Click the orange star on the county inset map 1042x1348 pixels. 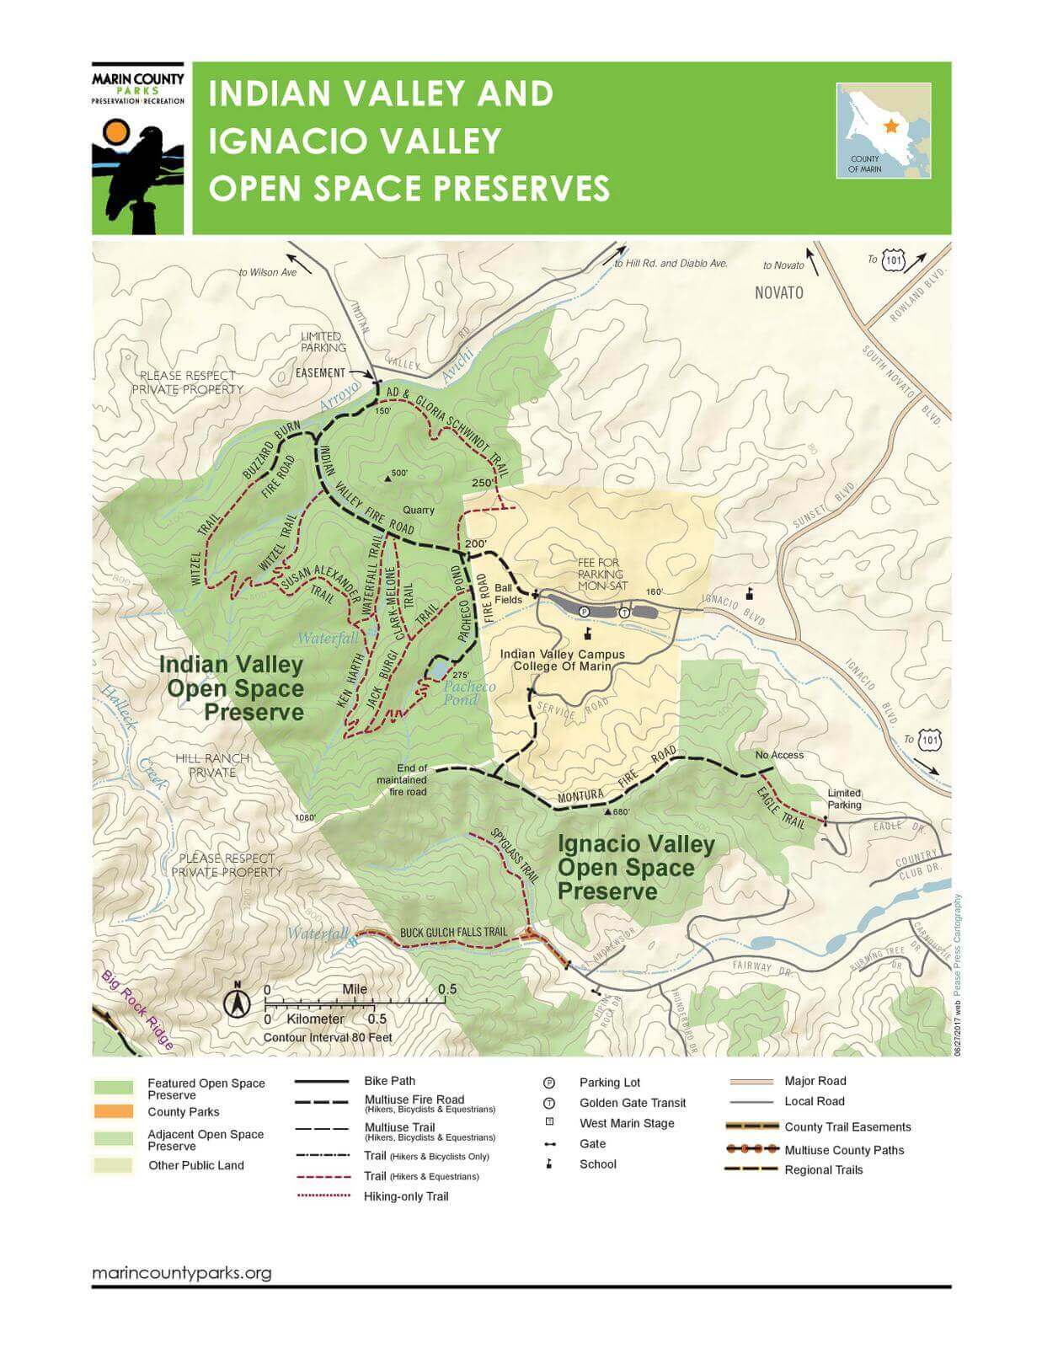[x=891, y=126]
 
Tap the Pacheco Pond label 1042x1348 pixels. [x=469, y=693]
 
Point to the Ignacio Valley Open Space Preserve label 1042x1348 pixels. [x=635, y=868]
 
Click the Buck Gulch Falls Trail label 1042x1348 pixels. [x=453, y=933]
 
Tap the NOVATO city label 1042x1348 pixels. [x=778, y=293]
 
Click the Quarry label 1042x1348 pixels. [x=419, y=510]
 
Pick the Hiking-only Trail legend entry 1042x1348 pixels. [x=406, y=1196]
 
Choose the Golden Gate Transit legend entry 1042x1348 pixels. [x=632, y=1103]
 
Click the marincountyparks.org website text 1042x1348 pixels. [x=181, y=1272]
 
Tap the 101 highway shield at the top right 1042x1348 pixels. [x=893, y=261]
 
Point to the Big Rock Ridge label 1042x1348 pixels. [x=137, y=1010]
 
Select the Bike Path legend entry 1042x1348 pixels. [x=389, y=1081]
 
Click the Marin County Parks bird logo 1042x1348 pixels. [x=138, y=174]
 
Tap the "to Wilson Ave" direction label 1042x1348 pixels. [x=268, y=272]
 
